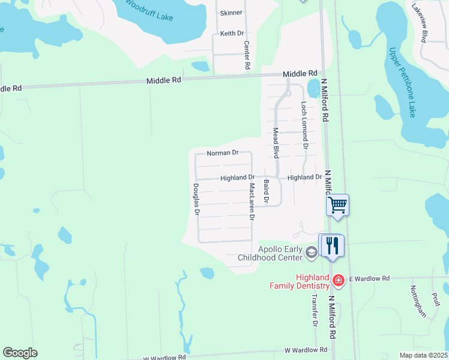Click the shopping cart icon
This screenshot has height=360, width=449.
tap(338, 205)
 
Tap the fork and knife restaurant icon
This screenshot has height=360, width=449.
tap(332, 245)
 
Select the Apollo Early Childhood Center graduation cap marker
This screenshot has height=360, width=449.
tap(311, 253)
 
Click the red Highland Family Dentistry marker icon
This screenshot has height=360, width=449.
tap(338, 280)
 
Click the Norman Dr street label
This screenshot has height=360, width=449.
tap(223, 154)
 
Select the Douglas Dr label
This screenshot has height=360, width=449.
tap(196, 199)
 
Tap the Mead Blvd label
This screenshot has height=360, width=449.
tap(276, 142)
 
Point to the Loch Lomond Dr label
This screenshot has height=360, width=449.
tap(304, 125)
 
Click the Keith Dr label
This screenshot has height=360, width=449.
tap(232, 34)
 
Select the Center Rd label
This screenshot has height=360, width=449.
tap(247, 55)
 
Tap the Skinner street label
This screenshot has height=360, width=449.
tap(231, 13)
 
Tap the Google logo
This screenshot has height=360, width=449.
tap(20, 353)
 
